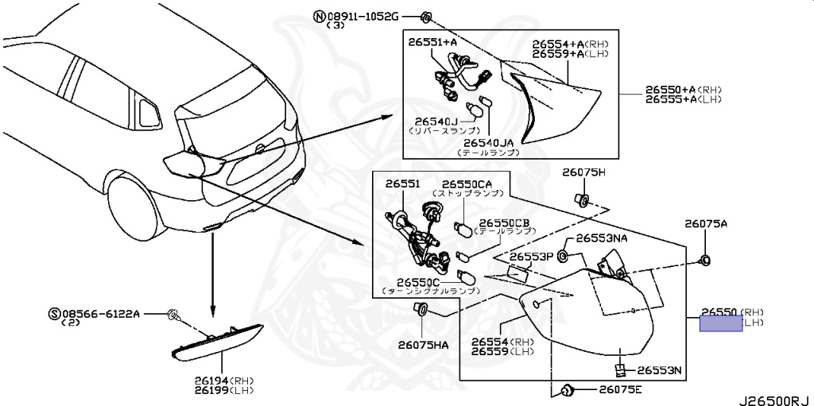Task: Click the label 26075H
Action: [x=584, y=172]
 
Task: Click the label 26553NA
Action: [x=602, y=238]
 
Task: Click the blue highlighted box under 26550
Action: [x=720, y=323]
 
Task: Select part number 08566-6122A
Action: [x=99, y=315]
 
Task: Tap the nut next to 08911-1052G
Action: [x=426, y=17]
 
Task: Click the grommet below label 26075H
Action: [x=582, y=199]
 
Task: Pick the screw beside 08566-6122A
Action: [x=173, y=316]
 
